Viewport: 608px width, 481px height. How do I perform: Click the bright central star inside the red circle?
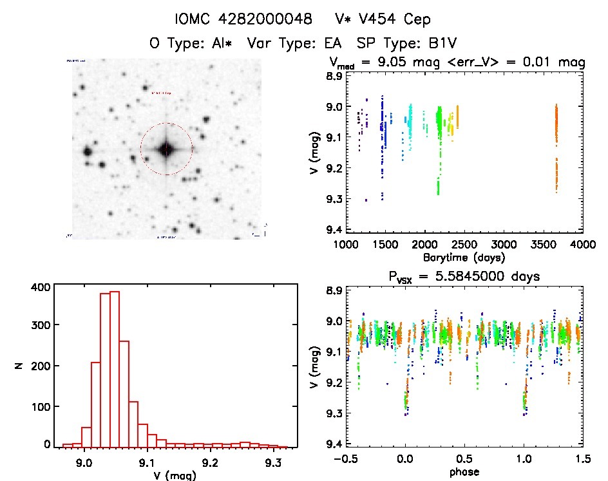tap(166, 149)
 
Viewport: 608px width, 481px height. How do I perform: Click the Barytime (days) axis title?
tap(464, 257)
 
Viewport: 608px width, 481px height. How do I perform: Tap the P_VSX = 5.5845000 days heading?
tap(464, 277)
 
